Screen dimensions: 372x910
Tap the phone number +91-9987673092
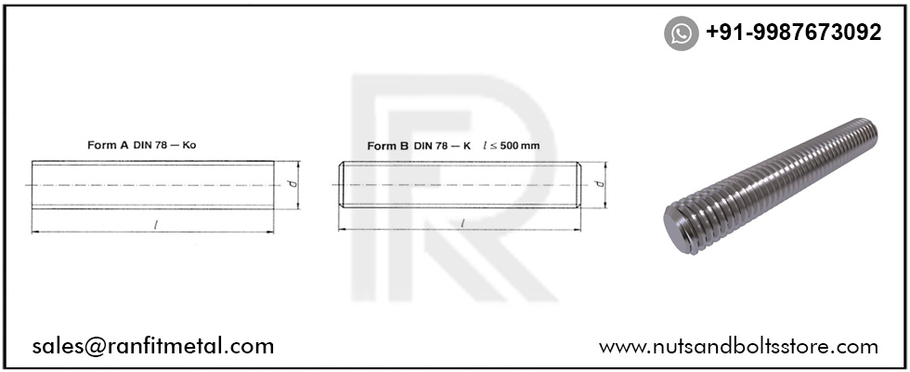pyautogui.click(x=793, y=33)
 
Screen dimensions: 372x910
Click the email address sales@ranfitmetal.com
pyautogui.click(x=153, y=347)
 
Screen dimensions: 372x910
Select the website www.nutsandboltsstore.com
pyautogui.click(x=738, y=347)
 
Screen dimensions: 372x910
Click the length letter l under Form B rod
pyautogui.click(x=461, y=223)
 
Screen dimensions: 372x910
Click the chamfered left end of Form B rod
pyautogui.click(x=341, y=184)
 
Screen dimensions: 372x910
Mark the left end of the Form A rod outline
pyautogui.click(x=32, y=184)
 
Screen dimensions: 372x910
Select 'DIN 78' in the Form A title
pyautogui.click(x=149, y=145)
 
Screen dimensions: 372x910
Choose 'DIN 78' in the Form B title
pyautogui.click(x=432, y=145)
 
